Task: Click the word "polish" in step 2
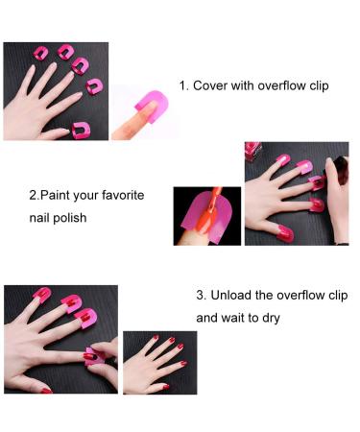point(69,217)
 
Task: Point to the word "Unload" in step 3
point(233,294)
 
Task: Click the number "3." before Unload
point(203,294)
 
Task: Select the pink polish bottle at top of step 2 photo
point(256,151)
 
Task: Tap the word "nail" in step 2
point(38,217)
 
